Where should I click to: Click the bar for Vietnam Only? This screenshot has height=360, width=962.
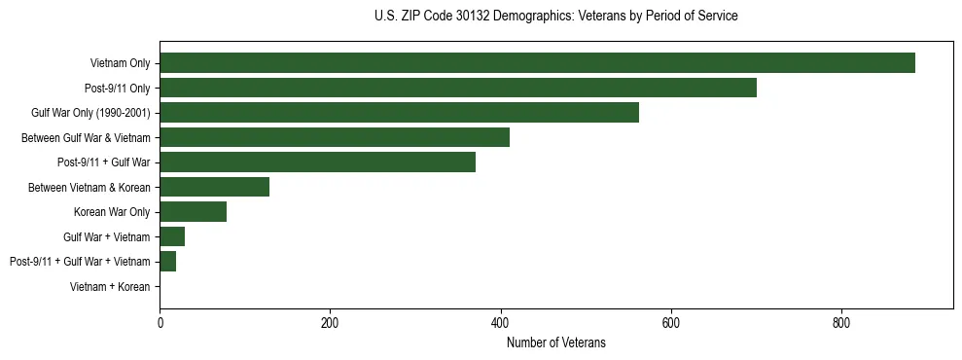point(537,63)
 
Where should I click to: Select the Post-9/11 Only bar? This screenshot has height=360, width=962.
point(457,88)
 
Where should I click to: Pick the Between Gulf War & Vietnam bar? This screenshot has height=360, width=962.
point(334,137)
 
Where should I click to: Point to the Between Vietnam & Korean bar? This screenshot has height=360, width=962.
point(214,187)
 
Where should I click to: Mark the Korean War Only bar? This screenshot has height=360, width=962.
point(193,212)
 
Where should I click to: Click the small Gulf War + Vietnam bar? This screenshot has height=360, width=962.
point(172,236)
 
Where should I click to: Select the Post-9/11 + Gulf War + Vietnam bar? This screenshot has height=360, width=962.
point(167,262)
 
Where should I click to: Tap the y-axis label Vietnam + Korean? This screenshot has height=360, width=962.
point(110,287)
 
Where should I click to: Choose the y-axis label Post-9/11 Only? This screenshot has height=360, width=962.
point(117,89)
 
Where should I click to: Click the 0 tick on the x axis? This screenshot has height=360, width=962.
point(160,323)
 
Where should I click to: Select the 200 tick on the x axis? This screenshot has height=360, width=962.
point(330,323)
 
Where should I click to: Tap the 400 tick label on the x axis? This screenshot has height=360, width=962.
point(500,323)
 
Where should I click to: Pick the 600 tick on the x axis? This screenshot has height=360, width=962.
point(670,323)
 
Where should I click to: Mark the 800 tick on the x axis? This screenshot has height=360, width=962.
point(841,323)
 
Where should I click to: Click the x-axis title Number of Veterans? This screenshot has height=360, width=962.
point(555,342)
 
